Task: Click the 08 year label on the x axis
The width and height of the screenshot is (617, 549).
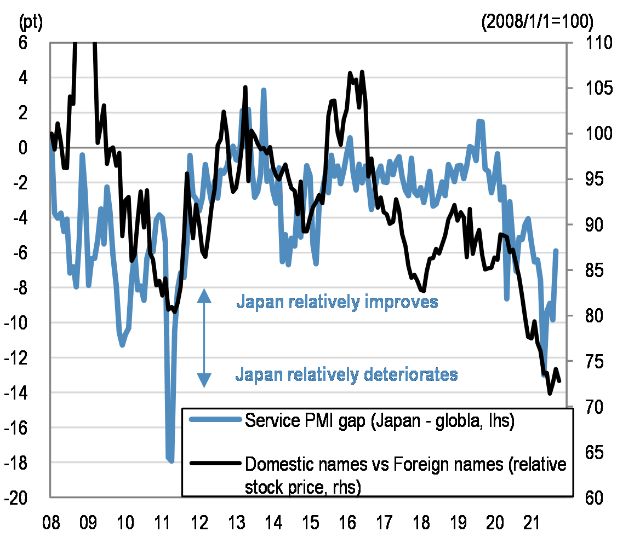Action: (x=50, y=524)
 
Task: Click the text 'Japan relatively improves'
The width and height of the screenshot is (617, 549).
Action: (x=337, y=301)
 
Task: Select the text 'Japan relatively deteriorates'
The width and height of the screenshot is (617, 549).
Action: (x=346, y=374)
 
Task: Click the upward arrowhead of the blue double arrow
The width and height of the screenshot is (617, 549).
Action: (x=204, y=296)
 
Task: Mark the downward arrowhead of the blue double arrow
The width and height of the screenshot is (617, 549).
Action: (x=204, y=380)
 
